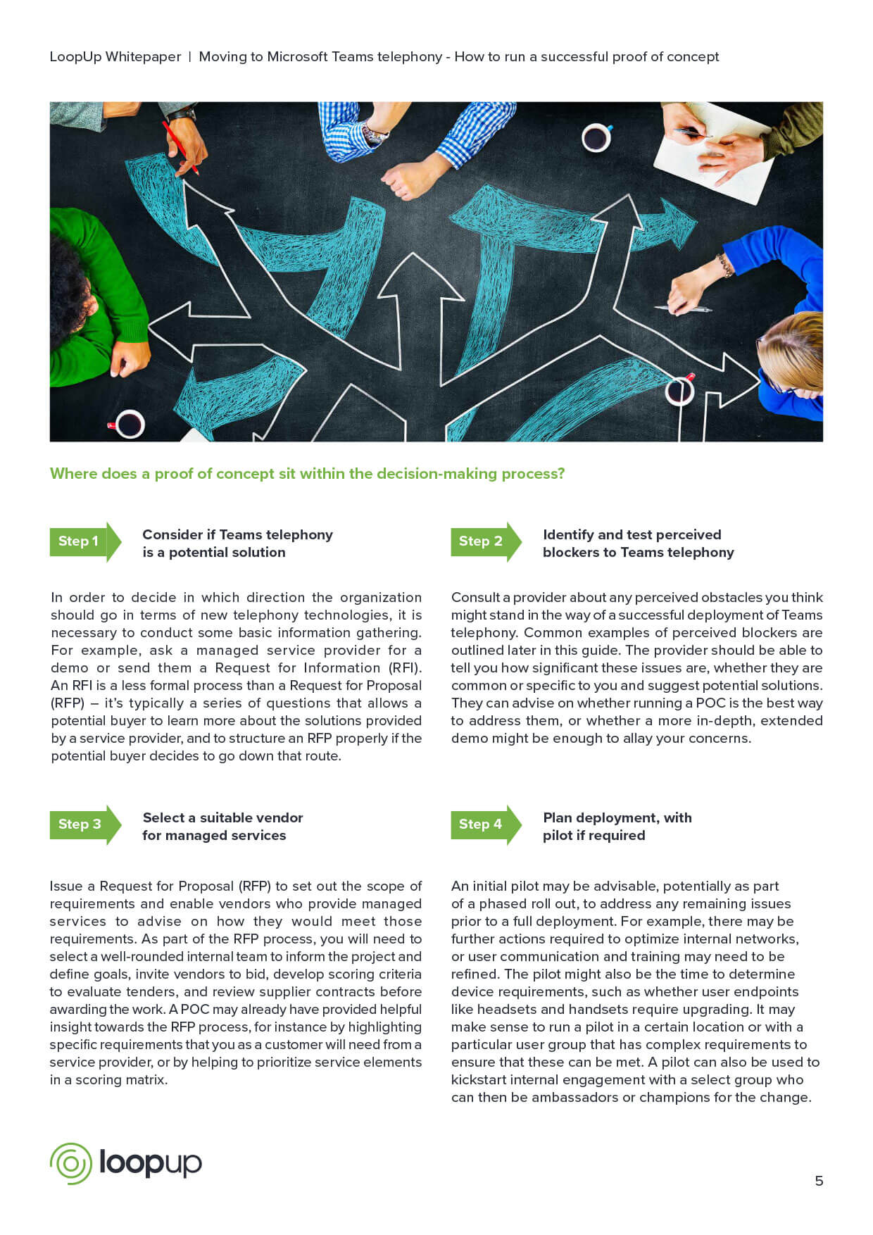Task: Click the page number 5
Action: pos(819,1181)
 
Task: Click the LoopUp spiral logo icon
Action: pos(70,1163)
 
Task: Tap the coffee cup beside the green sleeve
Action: pos(129,423)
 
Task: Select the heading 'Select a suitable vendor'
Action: pos(222,817)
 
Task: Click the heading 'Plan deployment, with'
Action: pos(617,817)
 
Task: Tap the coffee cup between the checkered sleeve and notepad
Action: pos(596,138)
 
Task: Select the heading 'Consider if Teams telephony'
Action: pos(237,534)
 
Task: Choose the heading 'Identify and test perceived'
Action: pos(632,534)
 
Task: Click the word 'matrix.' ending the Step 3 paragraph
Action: pos(144,1079)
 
